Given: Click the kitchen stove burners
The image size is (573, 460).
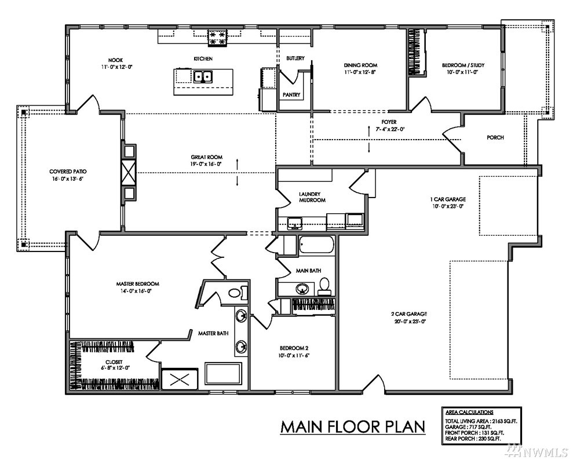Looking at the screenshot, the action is pyautogui.click(x=217, y=38).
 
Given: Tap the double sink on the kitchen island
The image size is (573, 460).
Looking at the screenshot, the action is pyautogui.click(x=203, y=76).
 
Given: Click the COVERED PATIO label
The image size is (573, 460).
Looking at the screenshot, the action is pyautogui.click(x=68, y=171).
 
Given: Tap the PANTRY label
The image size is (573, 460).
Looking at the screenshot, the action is pyautogui.click(x=291, y=94).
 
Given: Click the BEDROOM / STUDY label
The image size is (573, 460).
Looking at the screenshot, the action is pyautogui.click(x=463, y=65).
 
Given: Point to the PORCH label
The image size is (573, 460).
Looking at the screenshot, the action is pyautogui.click(x=495, y=137).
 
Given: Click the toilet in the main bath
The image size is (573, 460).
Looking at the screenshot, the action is pyautogui.click(x=324, y=286).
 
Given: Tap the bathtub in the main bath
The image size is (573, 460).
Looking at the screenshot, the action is pyautogui.click(x=316, y=245).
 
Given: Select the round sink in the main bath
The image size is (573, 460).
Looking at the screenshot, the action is pyautogui.click(x=302, y=289).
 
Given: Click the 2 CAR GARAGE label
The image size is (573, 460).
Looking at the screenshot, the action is pyautogui.click(x=408, y=314).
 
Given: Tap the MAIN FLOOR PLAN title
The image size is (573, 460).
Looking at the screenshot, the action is pyautogui.click(x=353, y=427).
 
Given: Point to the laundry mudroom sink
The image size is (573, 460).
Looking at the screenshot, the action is pyautogui.click(x=294, y=222).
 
